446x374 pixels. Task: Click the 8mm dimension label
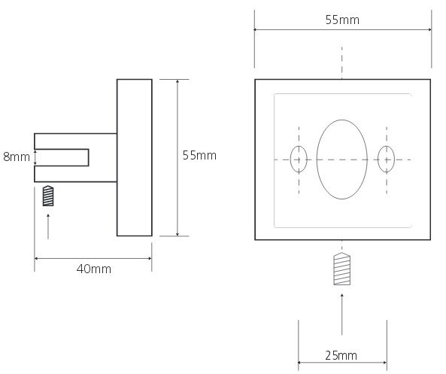tap(17, 157)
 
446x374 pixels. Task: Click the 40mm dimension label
tap(94, 269)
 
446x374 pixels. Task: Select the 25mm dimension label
tap(341, 355)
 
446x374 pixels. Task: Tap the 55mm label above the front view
tap(342, 20)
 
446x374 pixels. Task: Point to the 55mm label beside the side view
tap(199, 156)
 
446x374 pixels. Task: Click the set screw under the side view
tap(48, 196)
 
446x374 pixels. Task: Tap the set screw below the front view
tap(342, 269)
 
